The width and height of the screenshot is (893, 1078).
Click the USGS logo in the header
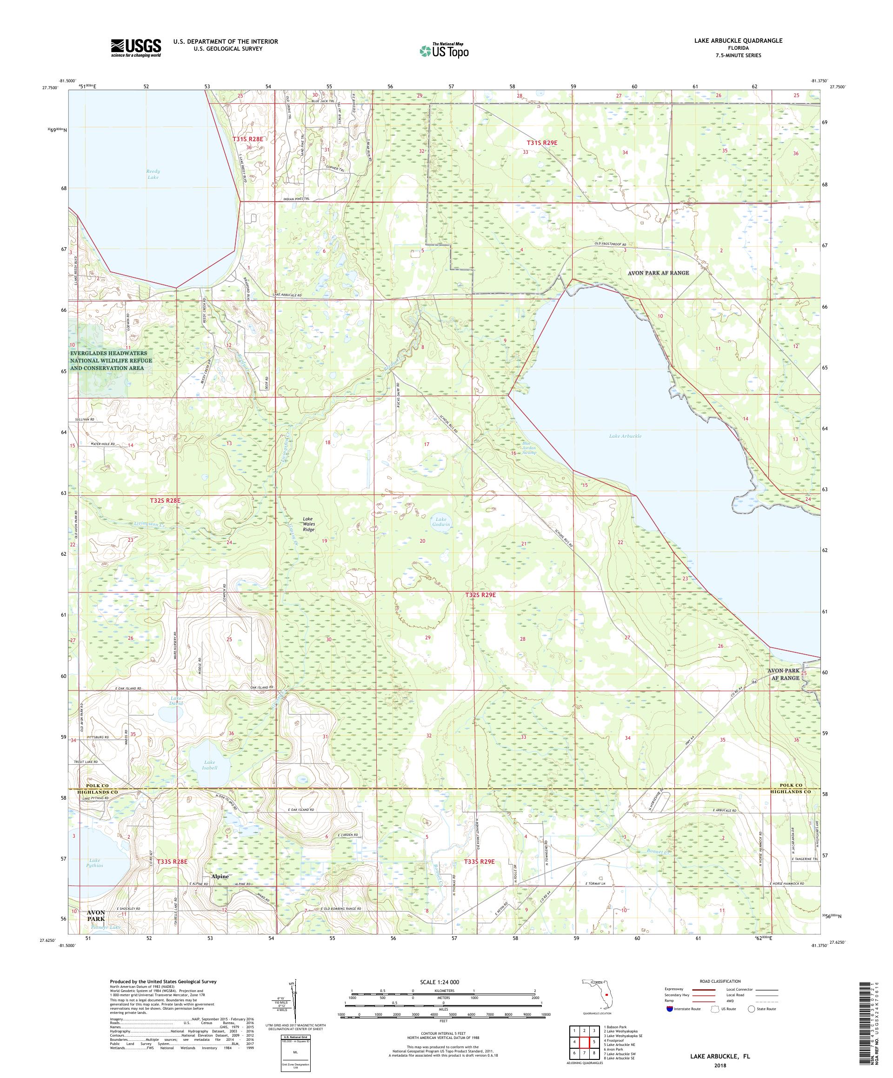(136, 48)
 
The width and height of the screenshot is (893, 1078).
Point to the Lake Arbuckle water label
(625, 436)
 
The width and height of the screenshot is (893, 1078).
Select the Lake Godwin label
(440, 520)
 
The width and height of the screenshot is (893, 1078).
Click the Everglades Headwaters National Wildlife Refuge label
(112, 361)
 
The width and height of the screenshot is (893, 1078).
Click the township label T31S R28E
(247, 139)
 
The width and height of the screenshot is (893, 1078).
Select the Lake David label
(176, 701)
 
